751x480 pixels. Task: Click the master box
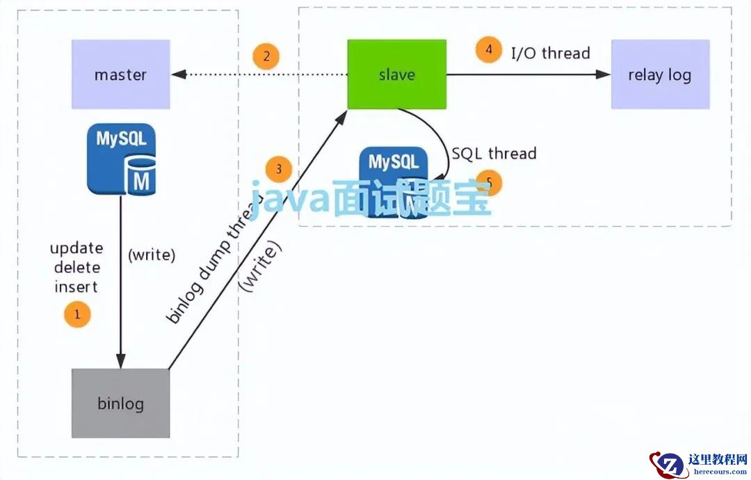point(121,74)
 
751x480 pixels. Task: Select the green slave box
point(397,74)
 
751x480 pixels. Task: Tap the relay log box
point(660,74)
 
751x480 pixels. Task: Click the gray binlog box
point(121,403)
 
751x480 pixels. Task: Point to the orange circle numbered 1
point(77,314)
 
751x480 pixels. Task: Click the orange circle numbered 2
point(266,56)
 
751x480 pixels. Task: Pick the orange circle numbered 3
point(279,169)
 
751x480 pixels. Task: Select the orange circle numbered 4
point(489,50)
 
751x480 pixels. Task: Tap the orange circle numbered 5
point(489,183)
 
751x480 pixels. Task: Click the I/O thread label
point(551,53)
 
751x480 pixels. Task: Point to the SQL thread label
point(494,153)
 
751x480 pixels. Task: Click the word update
point(76,248)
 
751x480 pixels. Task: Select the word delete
point(76,268)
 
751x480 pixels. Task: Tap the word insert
point(76,287)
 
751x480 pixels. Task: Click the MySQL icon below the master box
point(122,159)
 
